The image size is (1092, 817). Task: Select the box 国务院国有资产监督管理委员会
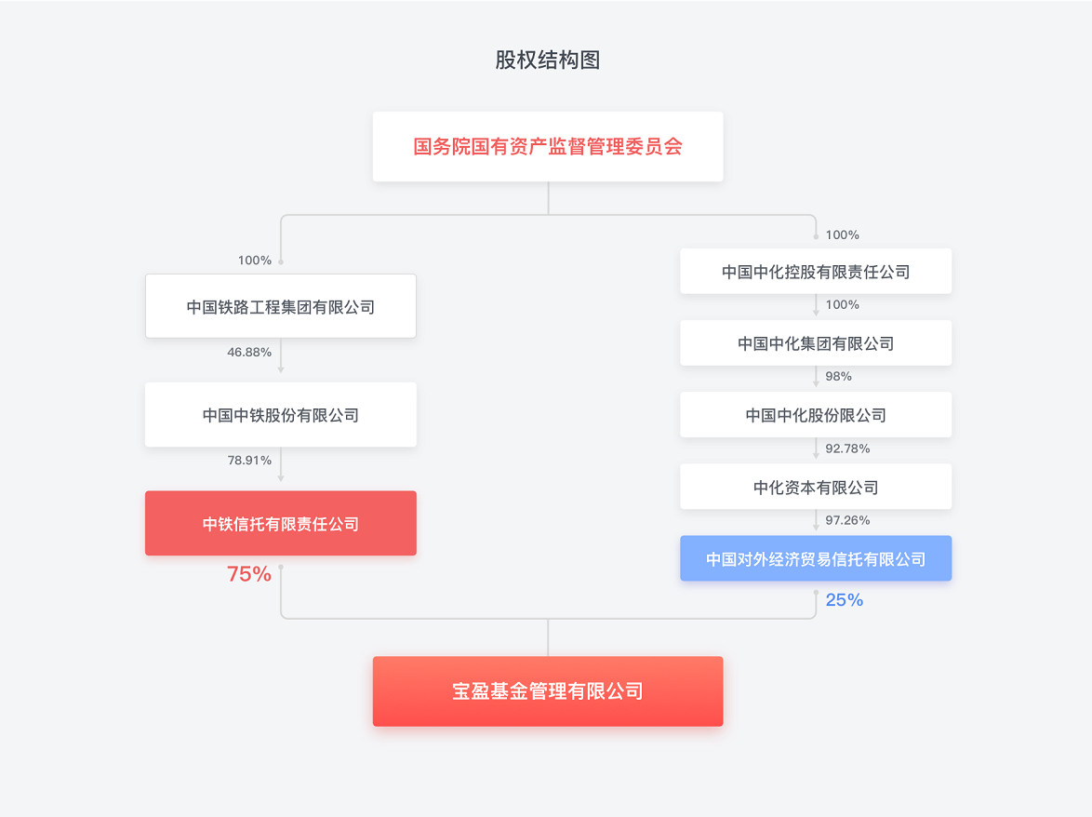pos(547,147)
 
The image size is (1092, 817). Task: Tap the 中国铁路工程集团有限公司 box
pos(280,306)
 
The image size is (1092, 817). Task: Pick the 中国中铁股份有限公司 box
pos(280,415)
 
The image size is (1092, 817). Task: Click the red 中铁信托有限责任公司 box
pos(280,524)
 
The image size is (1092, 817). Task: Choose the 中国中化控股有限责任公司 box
pos(815,272)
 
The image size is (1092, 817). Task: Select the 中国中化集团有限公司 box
pos(815,343)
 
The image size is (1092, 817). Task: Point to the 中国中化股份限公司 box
pos(815,415)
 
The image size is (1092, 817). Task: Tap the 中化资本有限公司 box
pos(815,487)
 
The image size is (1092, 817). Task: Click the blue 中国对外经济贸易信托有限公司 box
pos(815,559)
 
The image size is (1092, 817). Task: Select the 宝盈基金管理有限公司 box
pos(547,691)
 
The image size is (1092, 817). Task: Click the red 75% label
pos(249,574)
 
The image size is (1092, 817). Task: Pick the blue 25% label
pos(844,600)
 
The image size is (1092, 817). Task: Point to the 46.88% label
pos(249,352)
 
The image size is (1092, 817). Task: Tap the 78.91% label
pos(249,460)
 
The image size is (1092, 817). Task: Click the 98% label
pos(838,376)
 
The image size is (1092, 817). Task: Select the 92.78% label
pos(847,449)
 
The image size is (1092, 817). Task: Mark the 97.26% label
pos(847,520)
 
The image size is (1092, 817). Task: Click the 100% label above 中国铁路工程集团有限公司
pos(255,260)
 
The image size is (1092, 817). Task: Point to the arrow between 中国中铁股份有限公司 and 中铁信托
pos(281,467)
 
